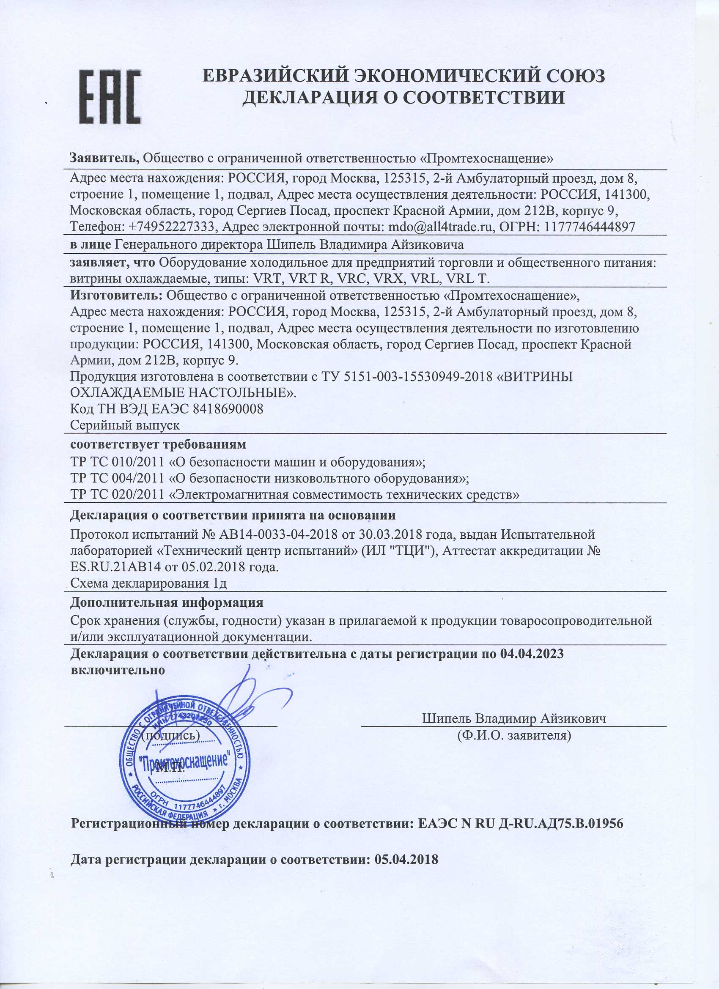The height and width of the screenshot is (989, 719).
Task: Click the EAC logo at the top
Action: [110, 96]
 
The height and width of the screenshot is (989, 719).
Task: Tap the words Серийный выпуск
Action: [125, 424]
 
